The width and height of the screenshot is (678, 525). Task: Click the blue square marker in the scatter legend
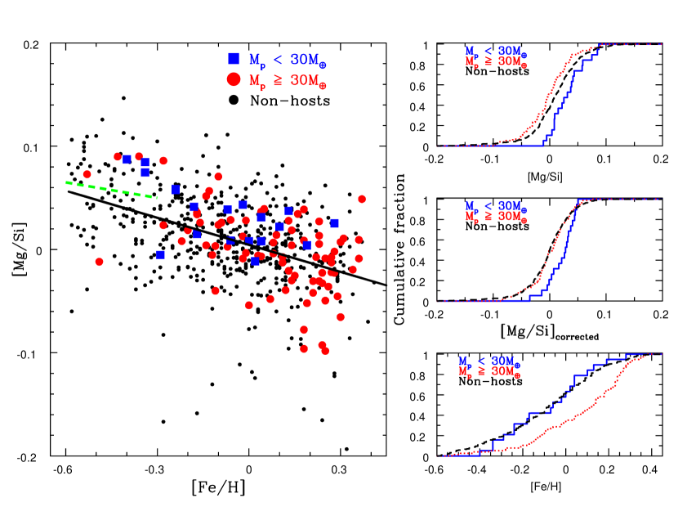[234, 59]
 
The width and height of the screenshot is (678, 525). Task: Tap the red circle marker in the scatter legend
[234, 79]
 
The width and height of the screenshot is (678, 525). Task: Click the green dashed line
[111, 190]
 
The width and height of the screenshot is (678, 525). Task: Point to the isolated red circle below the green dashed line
[99, 262]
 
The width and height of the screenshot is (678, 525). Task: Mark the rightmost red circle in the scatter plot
[361, 199]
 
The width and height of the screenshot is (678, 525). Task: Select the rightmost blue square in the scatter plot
[335, 223]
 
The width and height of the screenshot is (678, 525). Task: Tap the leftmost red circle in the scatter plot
[87, 174]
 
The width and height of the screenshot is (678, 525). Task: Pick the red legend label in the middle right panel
[496, 217]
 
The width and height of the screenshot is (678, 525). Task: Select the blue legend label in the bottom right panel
[488, 361]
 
